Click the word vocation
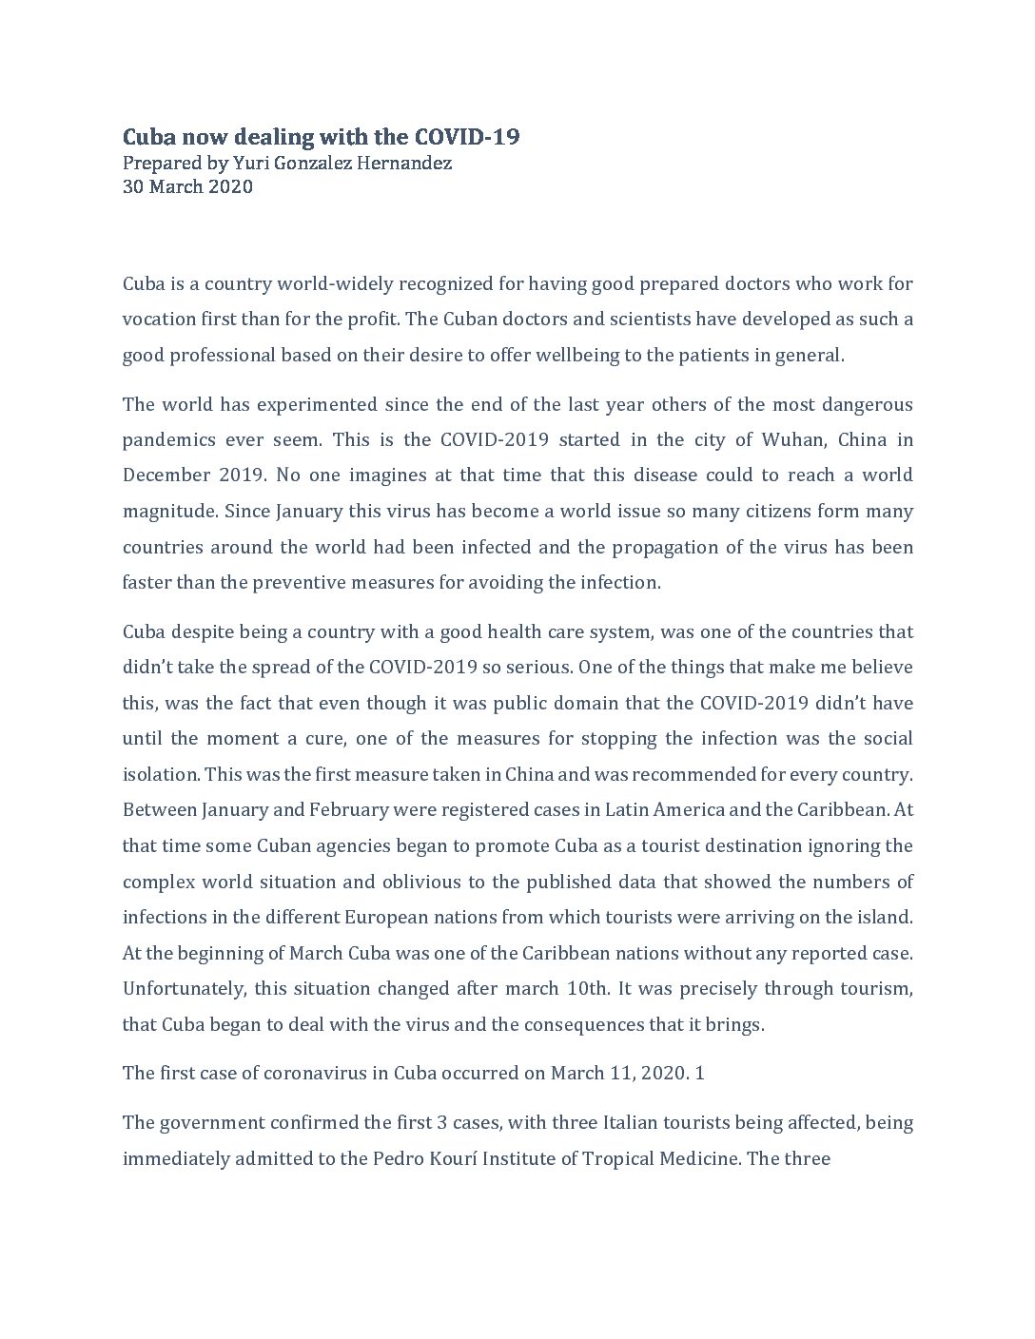click(158, 320)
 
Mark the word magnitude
click(167, 511)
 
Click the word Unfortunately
click(184, 989)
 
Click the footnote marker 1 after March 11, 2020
click(700, 1074)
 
